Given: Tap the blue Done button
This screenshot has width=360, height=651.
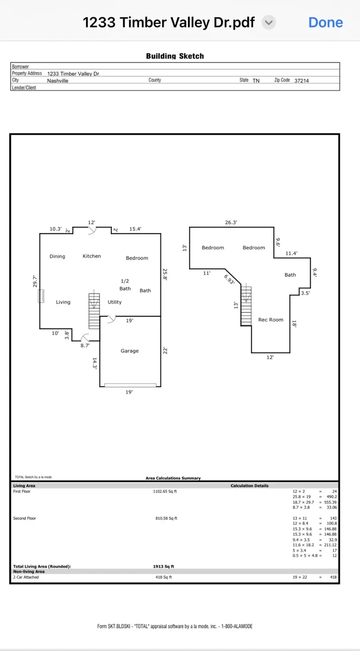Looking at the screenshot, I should (x=325, y=23).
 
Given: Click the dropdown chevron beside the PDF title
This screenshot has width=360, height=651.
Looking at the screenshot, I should (x=269, y=23).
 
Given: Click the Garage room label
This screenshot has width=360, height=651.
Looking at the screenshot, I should (x=130, y=351).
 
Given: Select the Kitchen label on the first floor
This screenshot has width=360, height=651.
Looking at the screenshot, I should (x=92, y=256).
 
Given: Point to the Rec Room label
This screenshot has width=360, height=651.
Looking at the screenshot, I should (x=271, y=320).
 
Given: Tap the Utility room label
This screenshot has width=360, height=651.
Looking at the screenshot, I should (x=114, y=302).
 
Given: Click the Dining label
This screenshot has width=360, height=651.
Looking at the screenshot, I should (x=57, y=256).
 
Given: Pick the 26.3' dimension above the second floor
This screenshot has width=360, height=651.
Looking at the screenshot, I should (x=231, y=222).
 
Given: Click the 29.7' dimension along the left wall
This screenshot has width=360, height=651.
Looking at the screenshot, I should (x=35, y=281).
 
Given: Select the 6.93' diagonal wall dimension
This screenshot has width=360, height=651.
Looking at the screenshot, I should (x=229, y=279).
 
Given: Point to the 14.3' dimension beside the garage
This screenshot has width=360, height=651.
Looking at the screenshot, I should (x=95, y=363).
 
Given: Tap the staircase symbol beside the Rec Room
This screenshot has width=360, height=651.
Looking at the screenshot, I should (x=246, y=306).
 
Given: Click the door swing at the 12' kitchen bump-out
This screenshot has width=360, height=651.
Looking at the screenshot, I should (x=92, y=230).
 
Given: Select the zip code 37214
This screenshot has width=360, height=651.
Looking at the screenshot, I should (x=302, y=80).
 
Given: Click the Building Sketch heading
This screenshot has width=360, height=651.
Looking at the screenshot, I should (x=175, y=56).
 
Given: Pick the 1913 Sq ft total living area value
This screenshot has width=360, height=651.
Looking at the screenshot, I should (x=164, y=566).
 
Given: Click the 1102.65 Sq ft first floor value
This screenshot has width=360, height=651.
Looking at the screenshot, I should (x=165, y=491).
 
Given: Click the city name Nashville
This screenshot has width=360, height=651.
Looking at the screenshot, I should (x=58, y=80).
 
